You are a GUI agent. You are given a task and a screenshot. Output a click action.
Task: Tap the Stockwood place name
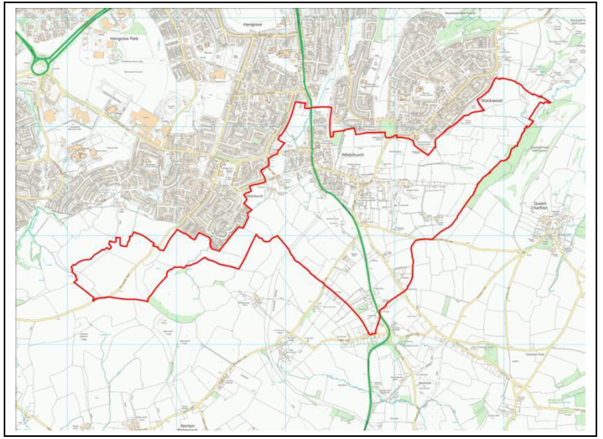(491, 100)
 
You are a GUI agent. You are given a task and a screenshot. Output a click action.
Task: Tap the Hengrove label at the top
(252, 24)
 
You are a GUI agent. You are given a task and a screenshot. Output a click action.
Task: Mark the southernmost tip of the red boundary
(371, 334)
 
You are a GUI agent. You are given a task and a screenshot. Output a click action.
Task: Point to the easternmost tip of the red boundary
(550, 101)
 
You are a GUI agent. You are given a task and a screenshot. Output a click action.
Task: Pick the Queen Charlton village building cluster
(553, 232)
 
